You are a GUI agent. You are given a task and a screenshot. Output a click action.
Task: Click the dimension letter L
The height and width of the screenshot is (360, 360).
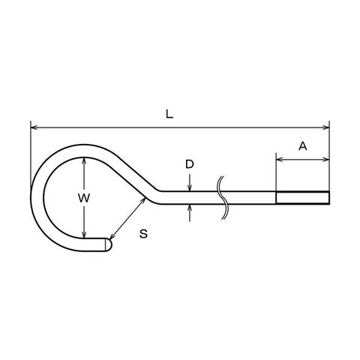point(169,114)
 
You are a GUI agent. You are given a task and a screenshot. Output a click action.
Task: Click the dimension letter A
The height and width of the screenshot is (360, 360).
point(303,146)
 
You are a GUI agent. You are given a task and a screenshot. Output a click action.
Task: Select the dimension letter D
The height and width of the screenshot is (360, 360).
point(190,164)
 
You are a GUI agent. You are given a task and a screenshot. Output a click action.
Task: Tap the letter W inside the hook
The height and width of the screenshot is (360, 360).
point(84,198)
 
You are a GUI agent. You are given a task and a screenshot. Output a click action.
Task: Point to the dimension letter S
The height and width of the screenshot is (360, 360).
point(143,234)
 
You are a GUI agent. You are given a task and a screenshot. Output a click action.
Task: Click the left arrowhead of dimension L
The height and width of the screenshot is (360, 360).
point(34,127)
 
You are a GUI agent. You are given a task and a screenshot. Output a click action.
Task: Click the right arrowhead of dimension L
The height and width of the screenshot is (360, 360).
point(326,127)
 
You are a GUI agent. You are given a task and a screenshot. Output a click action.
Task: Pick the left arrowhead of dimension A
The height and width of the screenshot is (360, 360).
point(279,160)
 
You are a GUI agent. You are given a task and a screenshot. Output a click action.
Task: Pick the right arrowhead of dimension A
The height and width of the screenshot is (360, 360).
point(326,160)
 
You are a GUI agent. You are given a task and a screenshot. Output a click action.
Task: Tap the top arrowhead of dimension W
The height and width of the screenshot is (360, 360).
point(84,160)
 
